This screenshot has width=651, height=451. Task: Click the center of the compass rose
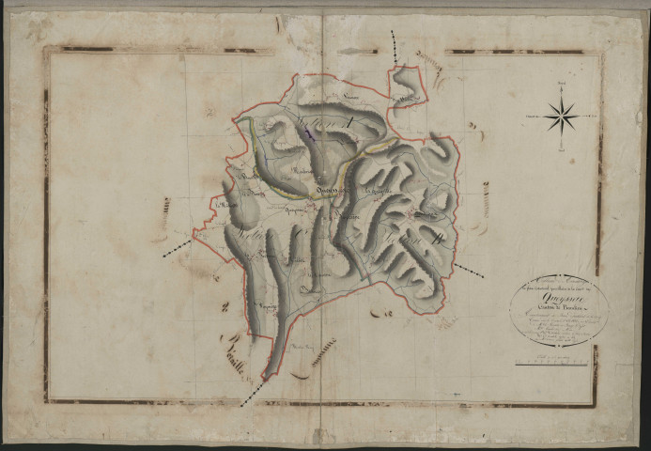561,117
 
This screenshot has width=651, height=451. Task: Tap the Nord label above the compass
561,86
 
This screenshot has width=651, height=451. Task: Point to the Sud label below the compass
561,149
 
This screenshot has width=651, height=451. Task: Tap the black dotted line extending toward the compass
471,271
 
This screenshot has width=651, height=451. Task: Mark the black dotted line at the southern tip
252,393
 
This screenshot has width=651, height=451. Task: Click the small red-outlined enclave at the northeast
409,86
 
